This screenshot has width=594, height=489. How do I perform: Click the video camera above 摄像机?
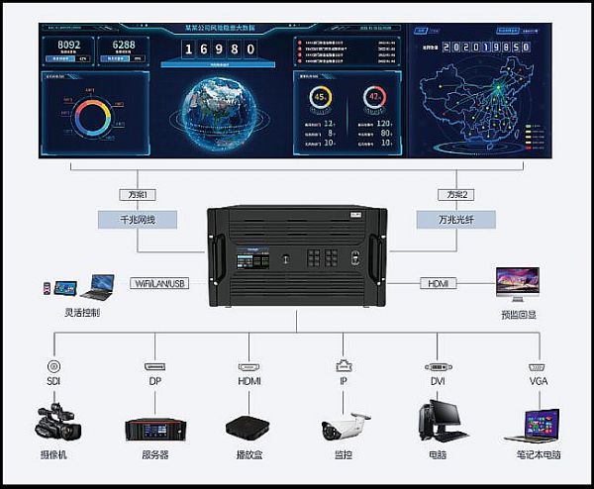(x=56, y=420)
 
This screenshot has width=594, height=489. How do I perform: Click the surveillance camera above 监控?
(x=342, y=426)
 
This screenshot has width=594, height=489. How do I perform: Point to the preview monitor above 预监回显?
(x=518, y=283)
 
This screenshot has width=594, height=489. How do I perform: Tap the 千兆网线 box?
(x=139, y=218)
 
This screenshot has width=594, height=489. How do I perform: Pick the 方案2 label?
(x=454, y=193)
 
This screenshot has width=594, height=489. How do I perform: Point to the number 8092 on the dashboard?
(x=69, y=46)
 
